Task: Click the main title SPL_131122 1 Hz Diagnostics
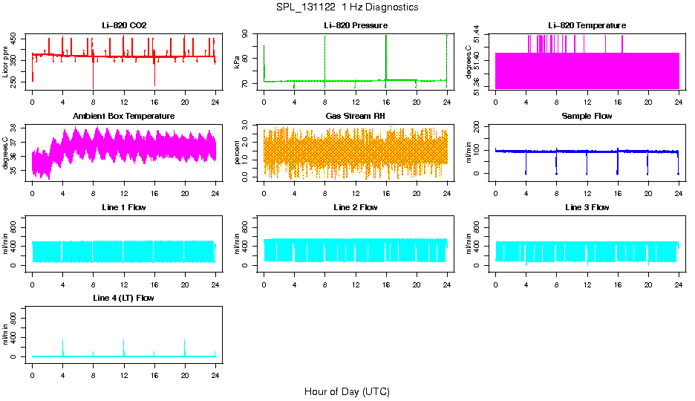pyautogui.click(x=347, y=7)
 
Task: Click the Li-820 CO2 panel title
pyautogui.click(x=124, y=25)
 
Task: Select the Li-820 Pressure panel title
pyautogui.click(x=356, y=25)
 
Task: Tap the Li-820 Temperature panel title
pyautogui.click(x=587, y=25)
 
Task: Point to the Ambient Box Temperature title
pyautogui.click(x=124, y=116)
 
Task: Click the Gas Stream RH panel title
pyautogui.click(x=356, y=116)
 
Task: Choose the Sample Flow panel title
pyautogui.click(x=587, y=116)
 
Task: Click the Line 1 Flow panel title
pyautogui.click(x=124, y=207)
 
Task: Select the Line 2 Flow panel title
pyautogui.click(x=356, y=207)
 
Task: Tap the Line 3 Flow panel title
pyautogui.click(x=587, y=207)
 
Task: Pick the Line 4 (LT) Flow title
pyautogui.click(x=124, y=298)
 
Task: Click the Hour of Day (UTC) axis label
pyautogui.click(x=347, y=391)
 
